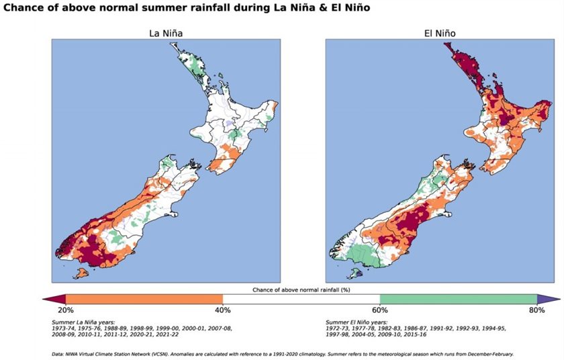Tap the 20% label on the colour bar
tap(65, 310)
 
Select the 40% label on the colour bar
tap(223, 310)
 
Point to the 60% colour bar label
tap(380, 310)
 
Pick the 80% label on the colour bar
tap(536, 310)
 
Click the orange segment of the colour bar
tap(144, 299)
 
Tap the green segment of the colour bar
tap(459, 299)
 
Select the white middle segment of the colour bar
tap(301, 299)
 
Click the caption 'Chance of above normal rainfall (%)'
tap(301, 289)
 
